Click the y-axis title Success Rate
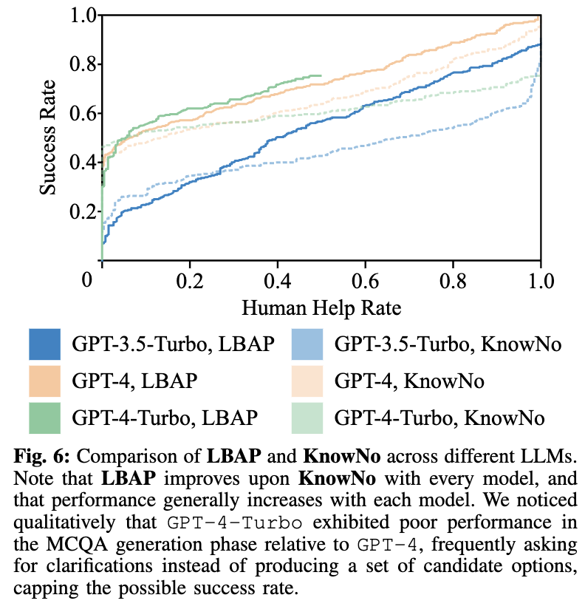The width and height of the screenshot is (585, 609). point(49,138)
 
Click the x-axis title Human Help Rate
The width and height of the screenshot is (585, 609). point(321,307)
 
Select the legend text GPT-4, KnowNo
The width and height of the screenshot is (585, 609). point(409,381)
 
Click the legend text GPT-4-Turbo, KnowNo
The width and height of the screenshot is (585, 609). point(440,418)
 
